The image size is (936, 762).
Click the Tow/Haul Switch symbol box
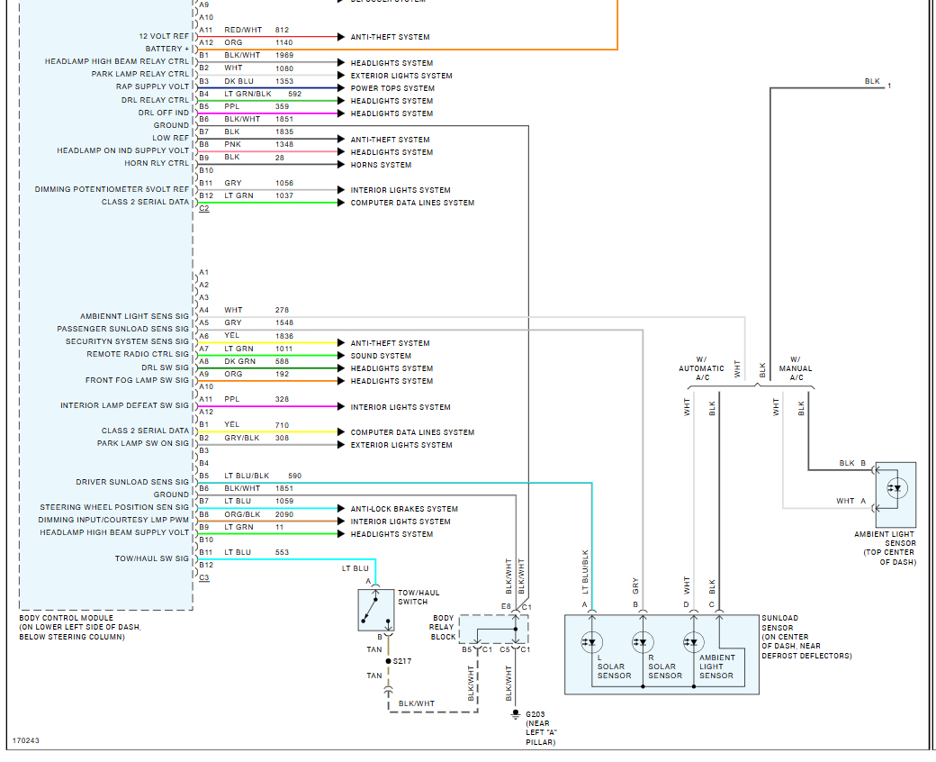(x=375, y=611)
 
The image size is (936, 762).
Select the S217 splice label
(x=402, y=661)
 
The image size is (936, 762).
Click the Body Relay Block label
(x=443, y=629)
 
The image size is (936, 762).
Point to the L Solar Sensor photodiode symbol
(x=591, y=642)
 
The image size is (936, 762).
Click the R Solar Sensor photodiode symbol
(x=642, y=642)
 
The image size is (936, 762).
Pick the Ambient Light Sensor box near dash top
(x=895, y=494)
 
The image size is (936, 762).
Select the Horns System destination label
(x=381, y=165)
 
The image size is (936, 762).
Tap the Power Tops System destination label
(x=392, y=88)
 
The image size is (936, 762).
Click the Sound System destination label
(x=381, y=356)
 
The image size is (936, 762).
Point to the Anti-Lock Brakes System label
(x=404, y=509)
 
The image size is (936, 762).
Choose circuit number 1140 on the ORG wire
(x=283, y=42)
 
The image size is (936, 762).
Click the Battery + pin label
(x=167, y=49)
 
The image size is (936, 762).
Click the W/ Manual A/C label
(x=795, y=368)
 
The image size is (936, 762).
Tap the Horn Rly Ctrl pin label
(x=157, y=163)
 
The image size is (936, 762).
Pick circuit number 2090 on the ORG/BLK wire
(x=283, y=514)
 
